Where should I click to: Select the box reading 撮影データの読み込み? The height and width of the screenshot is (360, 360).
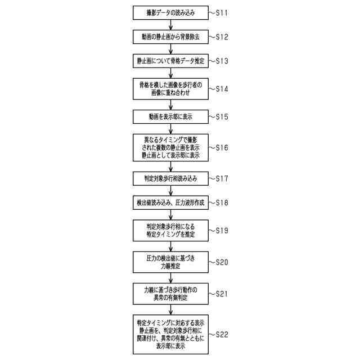pos(170,12)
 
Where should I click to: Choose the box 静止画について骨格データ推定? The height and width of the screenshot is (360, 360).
pos(170,60)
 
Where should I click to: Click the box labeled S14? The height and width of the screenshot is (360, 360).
pos(170,88)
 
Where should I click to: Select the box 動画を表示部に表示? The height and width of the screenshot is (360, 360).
pos(170,117)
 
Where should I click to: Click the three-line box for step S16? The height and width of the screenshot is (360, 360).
pos(170,147)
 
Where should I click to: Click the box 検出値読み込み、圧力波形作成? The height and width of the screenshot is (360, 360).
pos(170,202)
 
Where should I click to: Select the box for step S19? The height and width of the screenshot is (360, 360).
pos(170,231)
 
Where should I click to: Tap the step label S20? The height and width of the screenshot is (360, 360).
pos(220,262)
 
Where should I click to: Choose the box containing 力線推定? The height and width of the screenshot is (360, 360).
pos(170,262)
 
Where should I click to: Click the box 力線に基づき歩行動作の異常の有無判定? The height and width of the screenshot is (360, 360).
pos(170,293)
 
